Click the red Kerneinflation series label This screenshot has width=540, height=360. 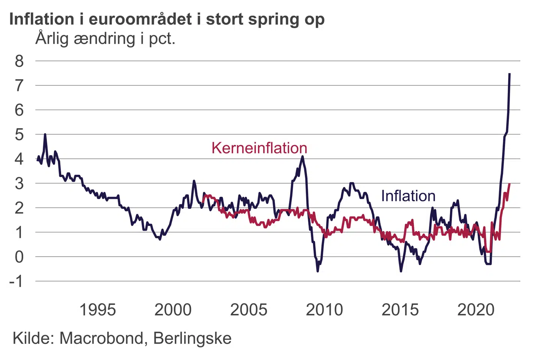(x=259, y=148)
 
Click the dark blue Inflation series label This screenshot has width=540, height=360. (x=408, y=196)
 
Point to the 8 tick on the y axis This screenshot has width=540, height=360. (x=19, y=61)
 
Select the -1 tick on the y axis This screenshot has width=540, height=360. (x=16, y=281)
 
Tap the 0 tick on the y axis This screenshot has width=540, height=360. (x=19, y=257)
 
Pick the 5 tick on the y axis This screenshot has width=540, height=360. (x=19, y=134)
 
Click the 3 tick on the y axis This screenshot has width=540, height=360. (x=19, y=183)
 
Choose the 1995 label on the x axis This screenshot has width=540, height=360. (x=97, y=310)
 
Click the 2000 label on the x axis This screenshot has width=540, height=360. (x=173, y=310)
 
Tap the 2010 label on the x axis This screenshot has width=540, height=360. (x=324, y=310)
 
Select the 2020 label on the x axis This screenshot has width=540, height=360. (x=476, y=310)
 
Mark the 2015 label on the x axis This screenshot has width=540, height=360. (x=400, y=310)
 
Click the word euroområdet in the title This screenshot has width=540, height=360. (x=140, y=19)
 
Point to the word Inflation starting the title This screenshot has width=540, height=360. (x=42, y=19)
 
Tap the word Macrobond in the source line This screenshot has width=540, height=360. (x=101, y=338)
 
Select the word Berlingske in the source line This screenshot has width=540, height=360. (x=192, y=338)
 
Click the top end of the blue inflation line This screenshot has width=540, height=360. (x=510, y=74)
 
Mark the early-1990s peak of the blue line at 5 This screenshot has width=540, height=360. (x=45, y=134)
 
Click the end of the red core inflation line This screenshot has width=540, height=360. (x=510, y=184)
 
